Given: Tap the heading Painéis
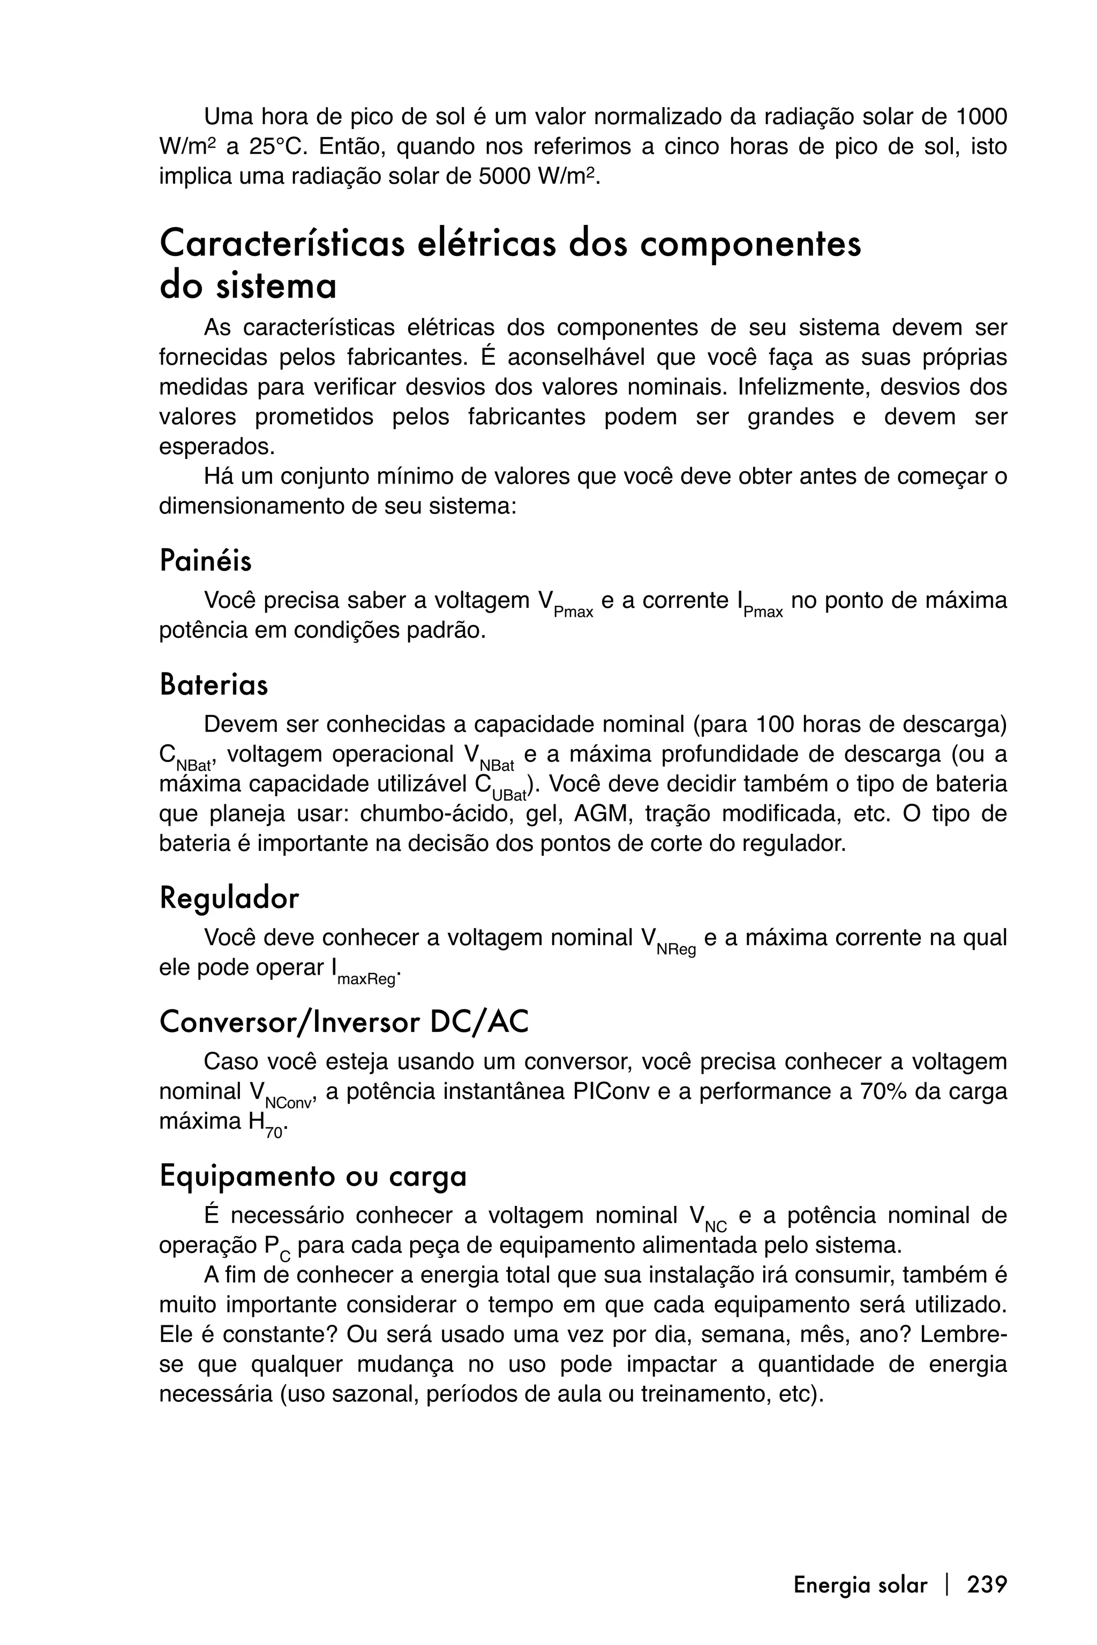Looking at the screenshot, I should click(x=206, y=561).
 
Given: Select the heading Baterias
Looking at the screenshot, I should click(x=213, y=685).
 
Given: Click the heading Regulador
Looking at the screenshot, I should click(x=229, y=898).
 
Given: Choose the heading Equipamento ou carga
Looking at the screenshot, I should click(x=313, y=1176).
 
